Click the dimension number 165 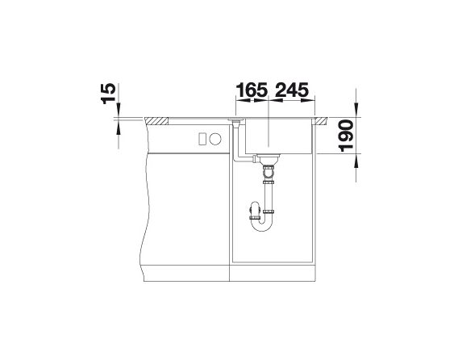click(x=252, y=90)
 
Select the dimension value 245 click(x=292, y=90)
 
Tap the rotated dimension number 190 click(x=347, y=136)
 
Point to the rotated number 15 click(x=108, y=94)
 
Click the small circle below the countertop click(x=215, y=138)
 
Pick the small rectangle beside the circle click(x=202, y=138)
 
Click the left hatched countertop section click(x=156, y=121)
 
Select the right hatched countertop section click(x=321, y=121)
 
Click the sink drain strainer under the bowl click(x=269, y=159)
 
